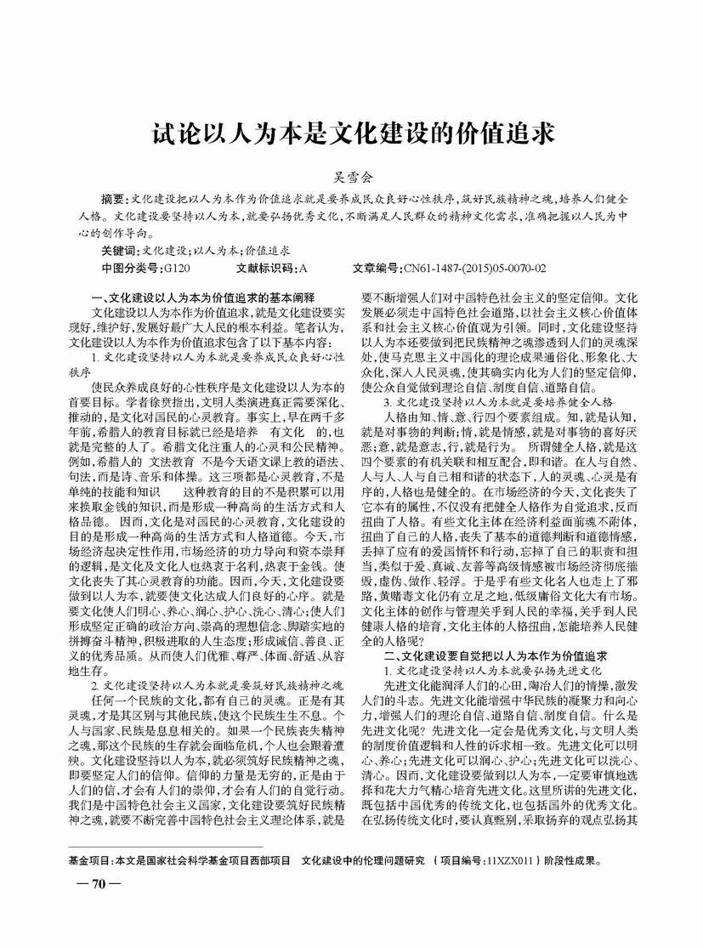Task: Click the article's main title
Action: [351, 135]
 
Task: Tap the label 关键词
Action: [117, 251]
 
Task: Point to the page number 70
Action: [97, 883]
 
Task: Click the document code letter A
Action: [303, 268]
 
